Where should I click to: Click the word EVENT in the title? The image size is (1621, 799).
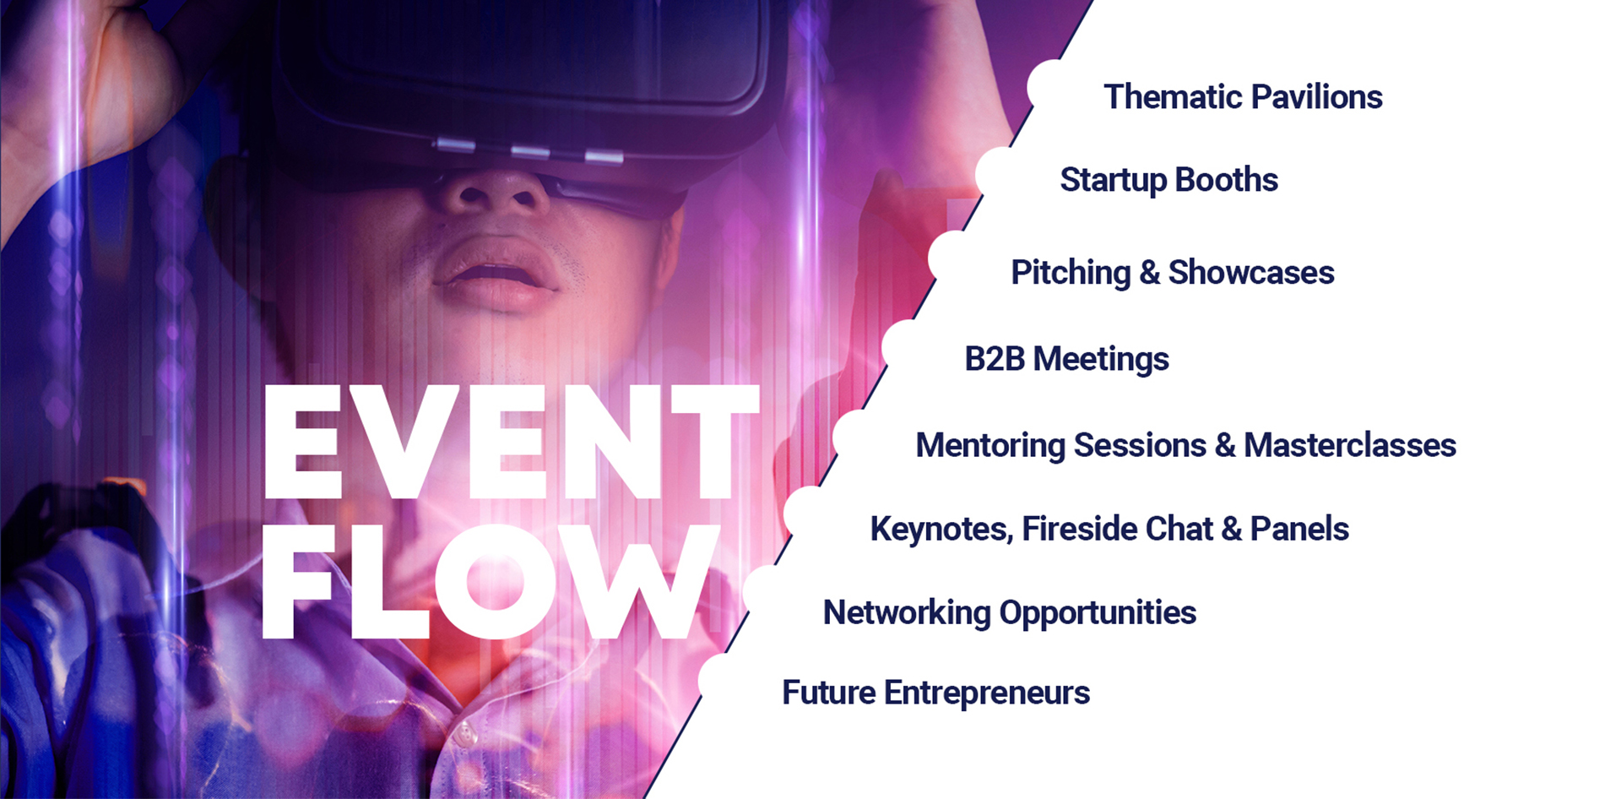(512, 442)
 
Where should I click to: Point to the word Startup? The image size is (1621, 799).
(1114, 180)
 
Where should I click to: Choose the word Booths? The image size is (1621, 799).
(1227, 179)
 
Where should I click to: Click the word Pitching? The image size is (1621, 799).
(1071, 273)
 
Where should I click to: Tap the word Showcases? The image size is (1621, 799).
(1251, 272)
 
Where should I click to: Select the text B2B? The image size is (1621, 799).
(995, 359)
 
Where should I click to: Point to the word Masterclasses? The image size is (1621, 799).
(1350, 445)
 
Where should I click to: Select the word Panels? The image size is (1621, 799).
(1299, 529)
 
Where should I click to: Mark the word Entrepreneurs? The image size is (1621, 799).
(987, 693)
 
